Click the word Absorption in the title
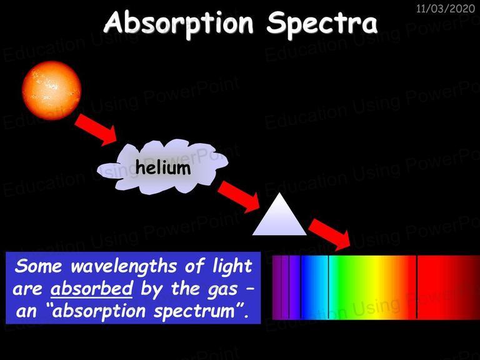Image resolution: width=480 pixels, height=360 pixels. pos(179,24)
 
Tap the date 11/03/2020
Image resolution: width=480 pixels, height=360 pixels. pos(446,8)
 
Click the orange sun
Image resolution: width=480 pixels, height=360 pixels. pos(51,90)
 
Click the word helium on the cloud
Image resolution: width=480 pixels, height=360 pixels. pos(163,167)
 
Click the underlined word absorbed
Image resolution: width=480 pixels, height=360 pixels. pos(91,288)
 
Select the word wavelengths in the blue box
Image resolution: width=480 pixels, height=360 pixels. pos(124,266)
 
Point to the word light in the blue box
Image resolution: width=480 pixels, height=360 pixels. pos(232,266)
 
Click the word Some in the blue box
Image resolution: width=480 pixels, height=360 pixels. pos(38,266)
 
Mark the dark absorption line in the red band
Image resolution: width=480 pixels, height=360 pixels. pos(417,287)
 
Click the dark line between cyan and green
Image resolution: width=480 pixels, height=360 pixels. pos(328,287)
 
